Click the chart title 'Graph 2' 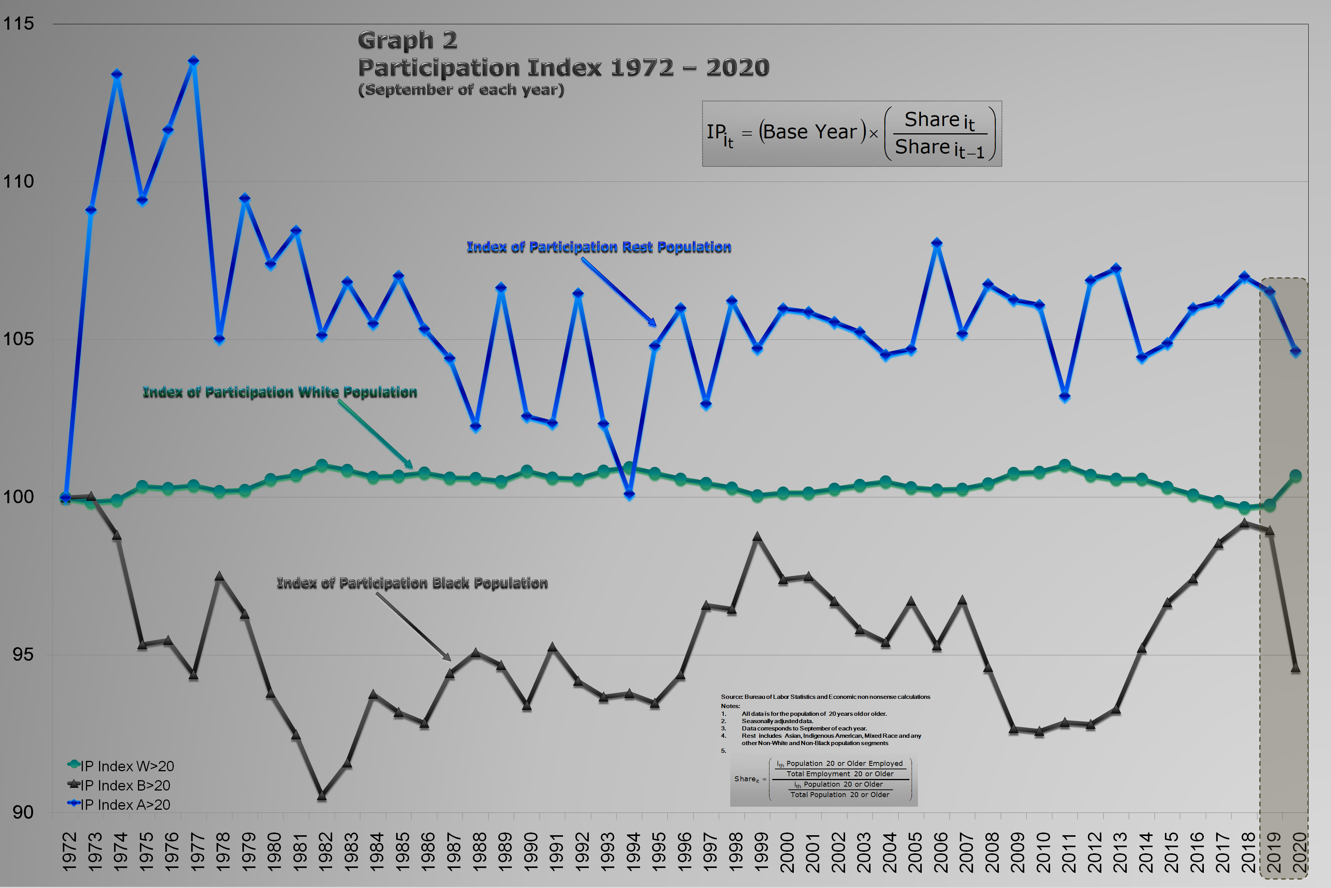tap(407, 40)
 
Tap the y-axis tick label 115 tap(19, 24)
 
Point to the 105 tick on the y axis tap(19, 339)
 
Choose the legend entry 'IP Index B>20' tap(125, 786)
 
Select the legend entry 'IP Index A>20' tap(125, 805)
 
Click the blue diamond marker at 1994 tap(629, 494)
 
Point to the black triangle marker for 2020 tap(1295, 668)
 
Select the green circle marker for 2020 tap(1295, 476)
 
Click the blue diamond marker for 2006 tap(937, 243)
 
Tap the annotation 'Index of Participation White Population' tap(280, 392)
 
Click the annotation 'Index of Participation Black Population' tap(412, 583)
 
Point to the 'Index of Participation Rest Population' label tap(599, 247)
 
